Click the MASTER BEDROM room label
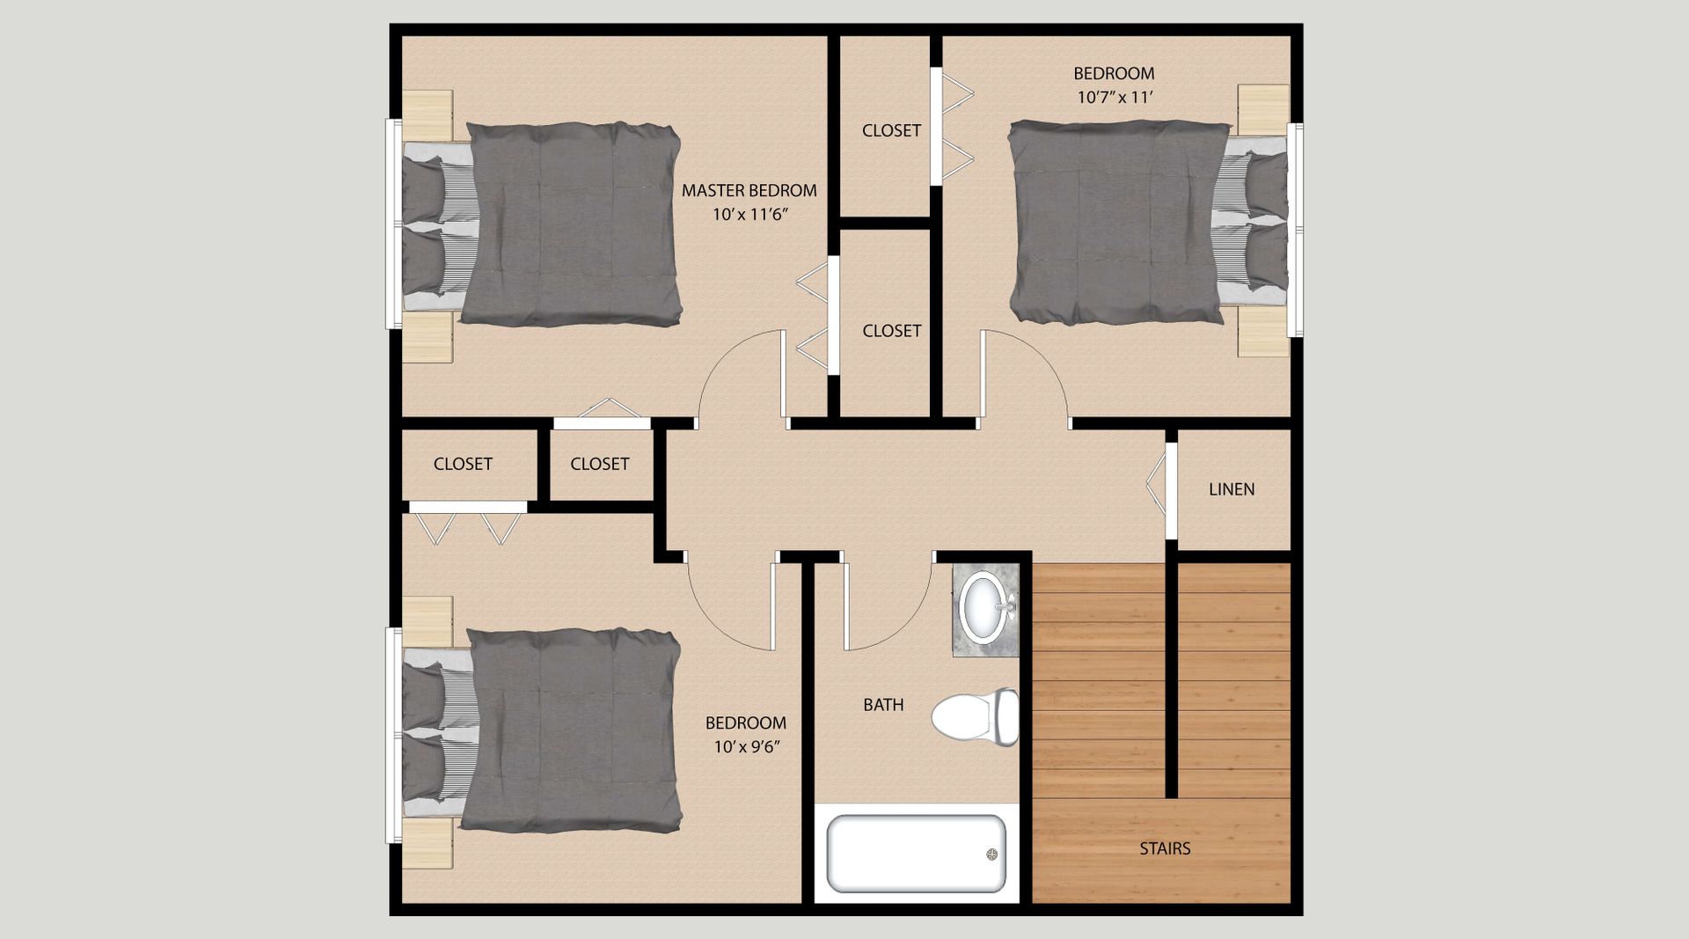(749, 190)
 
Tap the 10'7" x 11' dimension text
(1115, 97)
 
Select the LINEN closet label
(1232, 489)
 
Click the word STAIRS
(1165, 848)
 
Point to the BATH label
(883, 704)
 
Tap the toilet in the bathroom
(975, 717)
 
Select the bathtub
(916, 853)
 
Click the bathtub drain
(992, 854)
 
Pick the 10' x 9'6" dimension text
(747, 747)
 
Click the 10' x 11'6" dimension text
(749, 214)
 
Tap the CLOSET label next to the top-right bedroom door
(892, 331)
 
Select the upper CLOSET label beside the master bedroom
(891, 130)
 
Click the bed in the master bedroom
(542, 224)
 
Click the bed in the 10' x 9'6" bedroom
(542, 730)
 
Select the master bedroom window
(393, 224)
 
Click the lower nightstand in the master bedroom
(428, 338)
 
